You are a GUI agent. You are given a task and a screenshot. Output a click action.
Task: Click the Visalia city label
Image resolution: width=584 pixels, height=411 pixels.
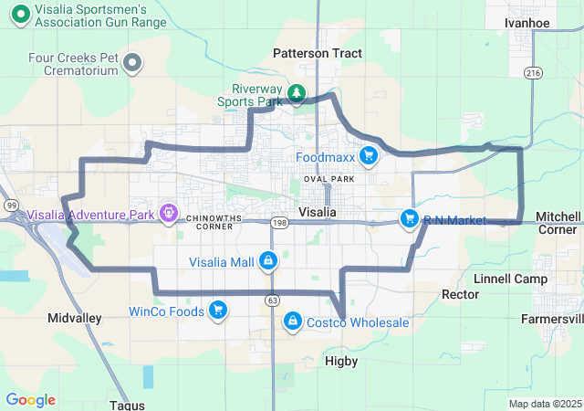coord(318,212)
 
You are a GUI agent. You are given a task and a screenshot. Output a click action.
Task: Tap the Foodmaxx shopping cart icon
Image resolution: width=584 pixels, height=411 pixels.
coord(369,156)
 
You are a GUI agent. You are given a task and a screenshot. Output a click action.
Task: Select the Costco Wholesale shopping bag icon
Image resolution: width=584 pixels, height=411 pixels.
coord(293,321)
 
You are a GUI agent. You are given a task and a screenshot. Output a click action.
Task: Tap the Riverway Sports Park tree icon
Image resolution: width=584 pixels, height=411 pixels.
coord(297,93)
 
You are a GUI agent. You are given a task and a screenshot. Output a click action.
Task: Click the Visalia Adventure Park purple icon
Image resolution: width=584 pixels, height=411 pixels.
coord(168,215)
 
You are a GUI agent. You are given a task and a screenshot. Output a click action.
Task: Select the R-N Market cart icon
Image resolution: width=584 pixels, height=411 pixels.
coord(410,219)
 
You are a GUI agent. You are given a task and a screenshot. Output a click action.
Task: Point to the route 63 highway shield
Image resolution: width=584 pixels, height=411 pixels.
coord(273,300)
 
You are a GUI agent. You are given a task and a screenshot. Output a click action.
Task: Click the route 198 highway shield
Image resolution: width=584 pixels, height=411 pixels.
coord(279,222)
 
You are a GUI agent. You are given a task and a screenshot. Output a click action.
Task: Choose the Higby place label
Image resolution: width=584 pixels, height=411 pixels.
coord(341,362)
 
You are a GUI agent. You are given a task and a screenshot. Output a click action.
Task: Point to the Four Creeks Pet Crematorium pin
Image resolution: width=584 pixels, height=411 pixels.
coord(133,63)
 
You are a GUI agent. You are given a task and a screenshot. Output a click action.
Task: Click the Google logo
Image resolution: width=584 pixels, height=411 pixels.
coord(30,400)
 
